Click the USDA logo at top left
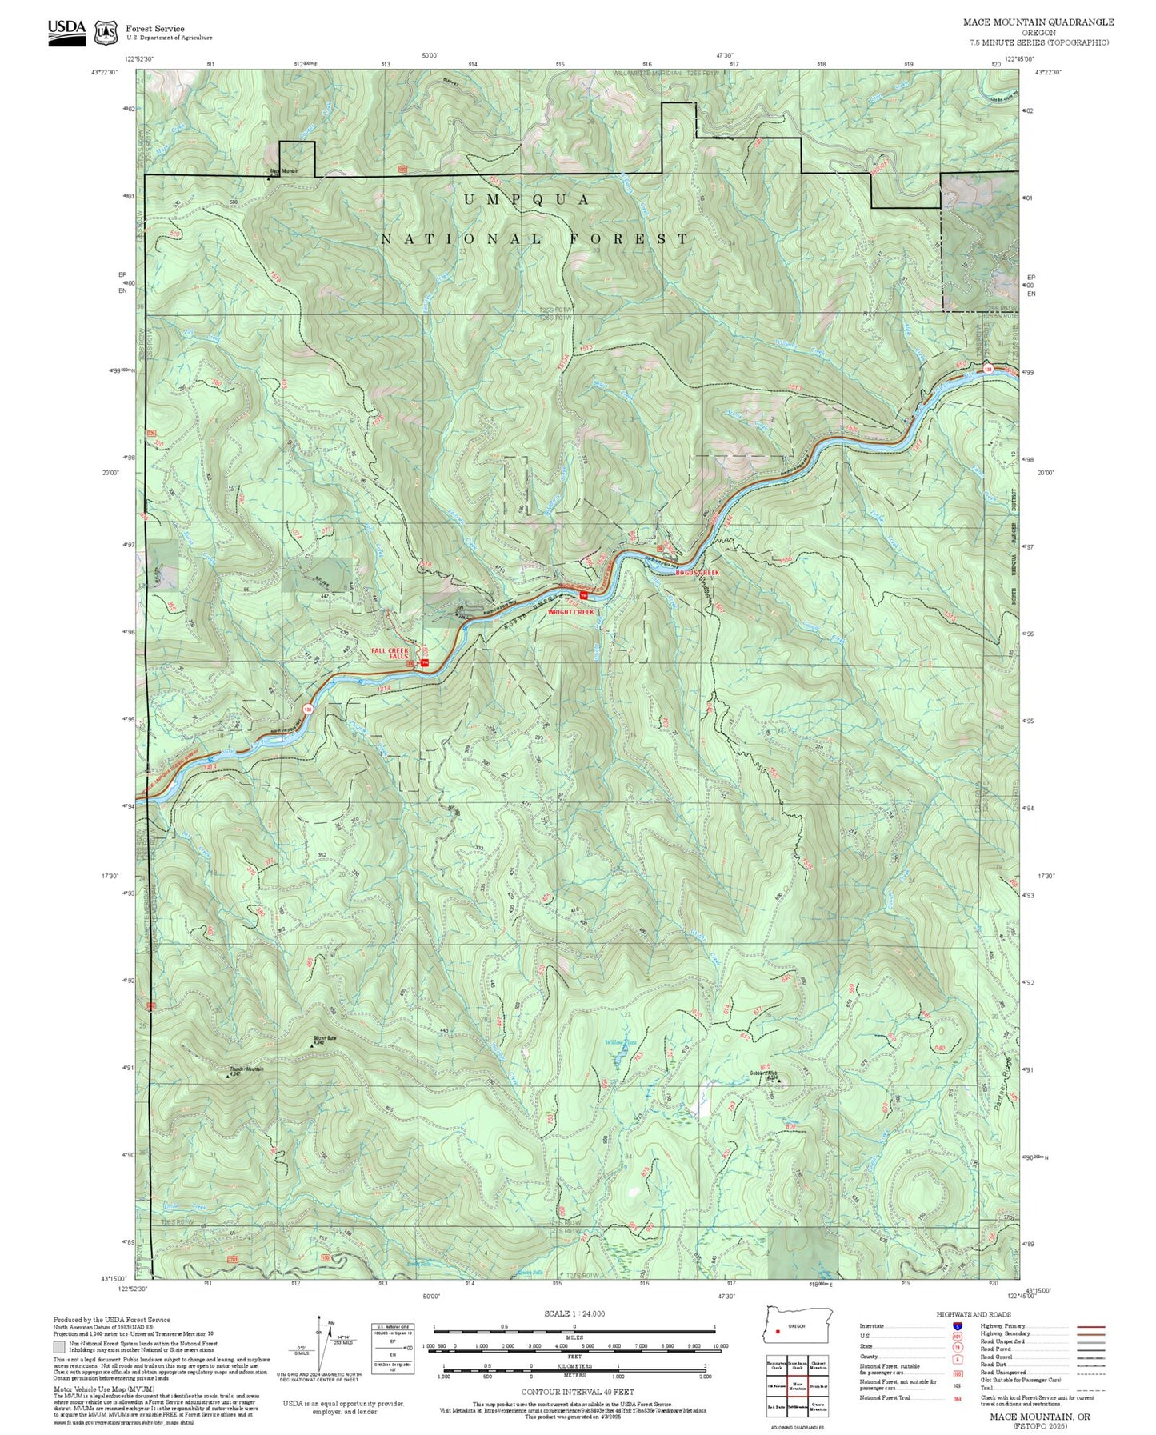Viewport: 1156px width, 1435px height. pyautogui.click(x=66, y=31)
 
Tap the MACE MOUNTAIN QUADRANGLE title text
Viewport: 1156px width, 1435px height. pyautogui.click(x=1038, y=22)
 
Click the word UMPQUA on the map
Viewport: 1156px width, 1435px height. pyautogui.click(x=527, y=199)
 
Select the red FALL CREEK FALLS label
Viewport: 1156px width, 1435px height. pyautogui.click(x=390, y=653)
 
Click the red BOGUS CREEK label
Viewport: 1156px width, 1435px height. pyautogui.click(x=697, y=573)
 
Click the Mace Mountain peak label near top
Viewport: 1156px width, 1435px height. pyautogui.click(x=283, y=171)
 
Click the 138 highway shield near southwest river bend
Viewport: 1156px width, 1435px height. pyautogui.click(x=307, y=709)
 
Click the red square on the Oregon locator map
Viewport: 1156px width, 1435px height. pyautogui.click(x=777, y=1332)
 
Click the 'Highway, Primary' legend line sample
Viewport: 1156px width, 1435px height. pyautogui.click(x=1090, y=1326)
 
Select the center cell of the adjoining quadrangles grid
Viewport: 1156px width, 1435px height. pyautogui.click(x=797, y=1383)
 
